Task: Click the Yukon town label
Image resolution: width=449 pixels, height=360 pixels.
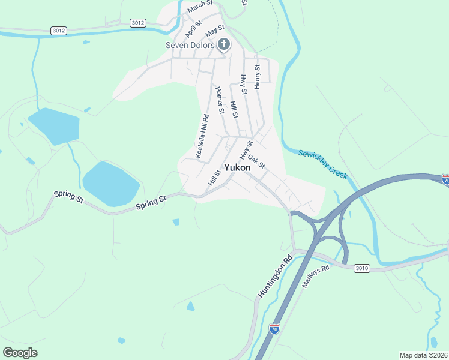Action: [237, 168]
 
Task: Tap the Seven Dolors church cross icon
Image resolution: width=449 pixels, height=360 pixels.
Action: [224, 44]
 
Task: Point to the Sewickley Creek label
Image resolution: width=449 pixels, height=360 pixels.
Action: [323, 164]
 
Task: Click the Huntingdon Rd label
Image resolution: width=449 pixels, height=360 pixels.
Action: [275, 275]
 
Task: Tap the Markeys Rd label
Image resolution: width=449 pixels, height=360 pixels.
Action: [316, 277]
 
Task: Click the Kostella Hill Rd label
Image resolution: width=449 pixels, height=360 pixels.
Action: [202, 137]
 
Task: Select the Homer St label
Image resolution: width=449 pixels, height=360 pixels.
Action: [219, 101]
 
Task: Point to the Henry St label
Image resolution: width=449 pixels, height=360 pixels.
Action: [257, 77]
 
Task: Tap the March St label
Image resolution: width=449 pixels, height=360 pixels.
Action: [200, 7]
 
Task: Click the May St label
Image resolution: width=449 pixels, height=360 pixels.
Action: [214, 29]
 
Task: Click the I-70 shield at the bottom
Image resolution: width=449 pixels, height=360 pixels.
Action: [274, 328]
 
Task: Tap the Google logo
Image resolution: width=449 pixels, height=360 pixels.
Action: [20, 353]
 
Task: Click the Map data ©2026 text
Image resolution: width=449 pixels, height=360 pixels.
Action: [423, 355]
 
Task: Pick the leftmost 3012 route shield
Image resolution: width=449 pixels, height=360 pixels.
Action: [59, 31]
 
